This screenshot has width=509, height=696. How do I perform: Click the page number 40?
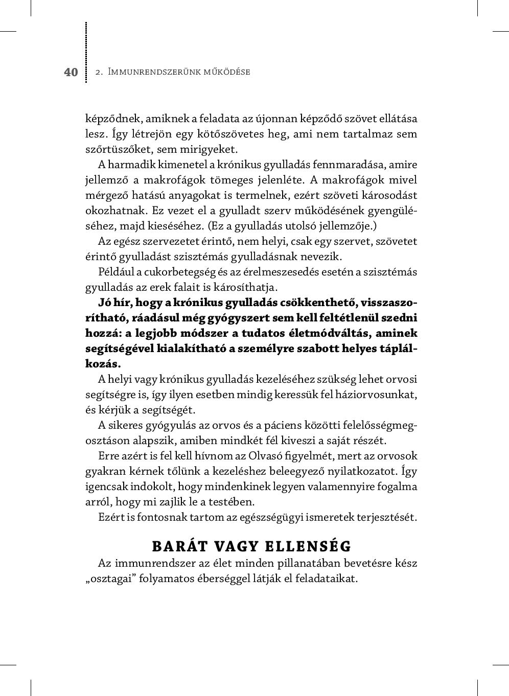[x=71, y=72]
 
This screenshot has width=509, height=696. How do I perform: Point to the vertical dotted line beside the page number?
[x=86, y=51]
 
